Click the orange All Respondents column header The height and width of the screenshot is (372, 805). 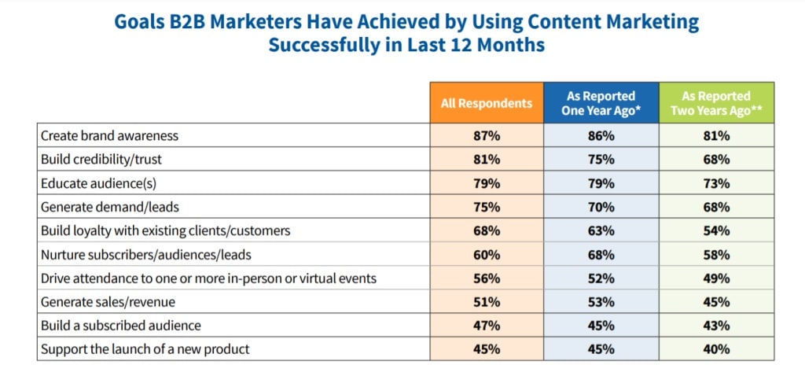click(487, 103)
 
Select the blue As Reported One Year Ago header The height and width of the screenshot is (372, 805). click(601, 103)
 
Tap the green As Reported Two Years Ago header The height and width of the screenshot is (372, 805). click(716, 103)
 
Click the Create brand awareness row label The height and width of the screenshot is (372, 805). click(110, 135)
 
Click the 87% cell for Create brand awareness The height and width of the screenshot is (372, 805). click(487, 135)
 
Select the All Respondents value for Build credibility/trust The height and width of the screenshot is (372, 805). click(487, 159)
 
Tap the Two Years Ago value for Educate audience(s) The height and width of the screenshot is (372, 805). click(716, 182)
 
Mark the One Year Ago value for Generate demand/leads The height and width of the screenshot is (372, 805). click(601, 206)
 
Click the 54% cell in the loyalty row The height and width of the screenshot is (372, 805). click(716, 230)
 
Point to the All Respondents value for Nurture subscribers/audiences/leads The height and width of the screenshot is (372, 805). click(487, 254)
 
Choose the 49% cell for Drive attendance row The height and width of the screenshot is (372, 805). click(716, 278)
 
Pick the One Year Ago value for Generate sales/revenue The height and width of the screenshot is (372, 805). click(601, 301)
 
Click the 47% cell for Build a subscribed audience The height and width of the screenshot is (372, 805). click(487, 325)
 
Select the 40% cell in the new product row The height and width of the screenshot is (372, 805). click(716, 348)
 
